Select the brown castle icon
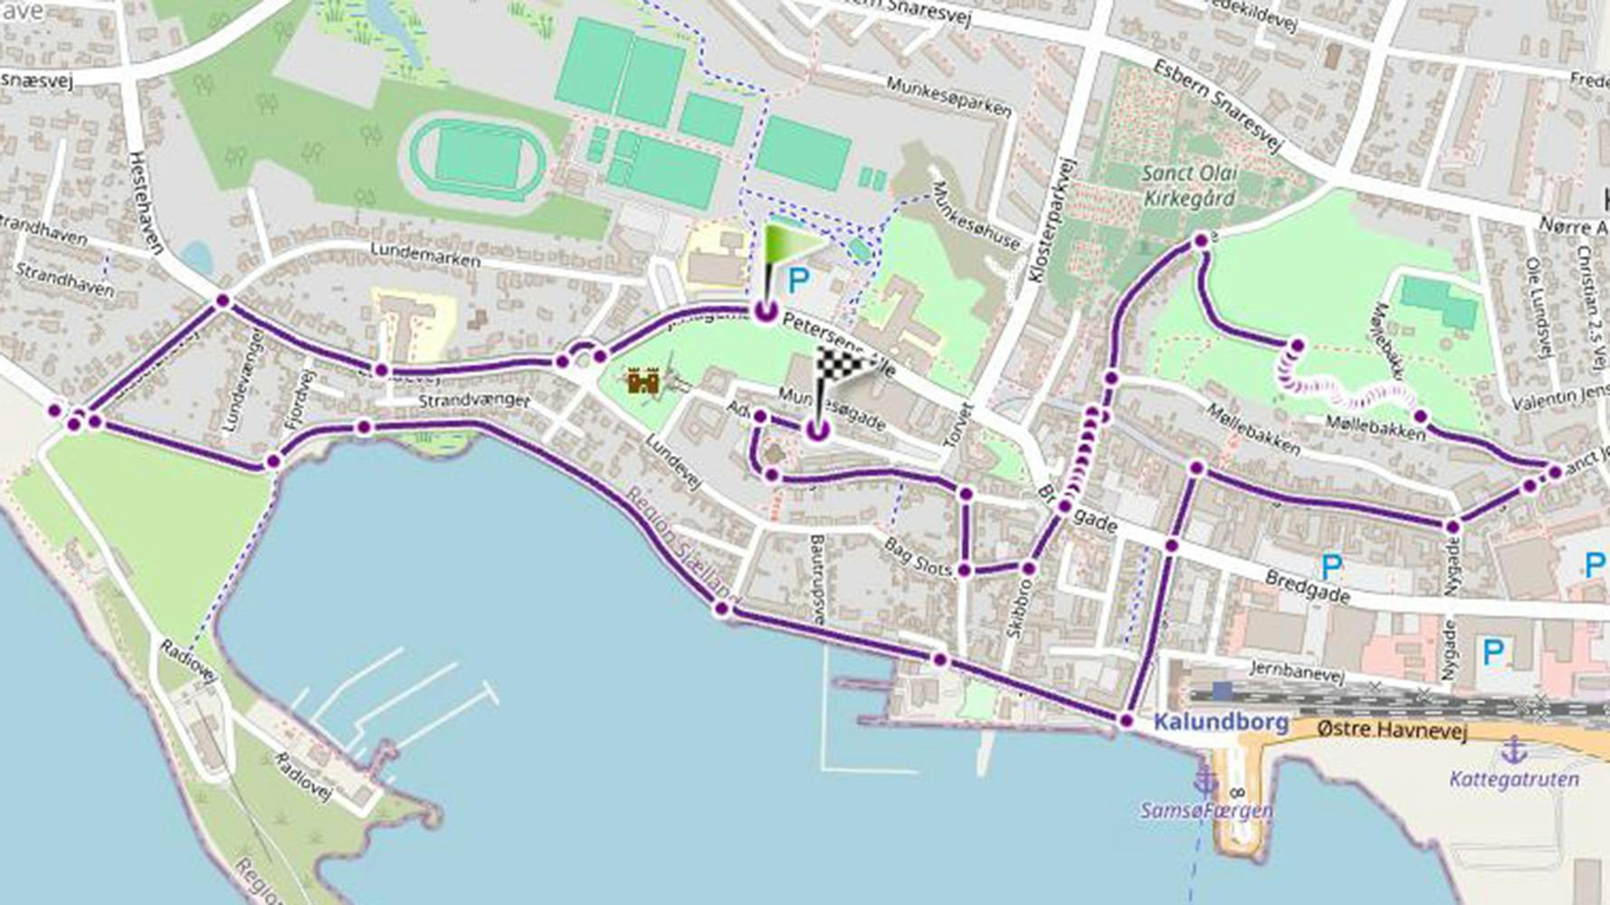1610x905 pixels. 643,381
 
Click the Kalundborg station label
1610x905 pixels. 1221,722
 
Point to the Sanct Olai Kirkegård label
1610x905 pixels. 1189,186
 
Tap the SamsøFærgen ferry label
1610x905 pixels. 1206,810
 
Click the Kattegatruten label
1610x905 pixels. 1513,779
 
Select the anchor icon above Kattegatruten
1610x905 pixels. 1513,749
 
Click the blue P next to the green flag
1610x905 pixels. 797,281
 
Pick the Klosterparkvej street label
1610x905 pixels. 1051,223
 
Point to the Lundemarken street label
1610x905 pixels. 425,255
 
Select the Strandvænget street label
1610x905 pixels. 473,400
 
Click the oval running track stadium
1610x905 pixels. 478,159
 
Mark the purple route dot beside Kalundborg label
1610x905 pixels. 1126,721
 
